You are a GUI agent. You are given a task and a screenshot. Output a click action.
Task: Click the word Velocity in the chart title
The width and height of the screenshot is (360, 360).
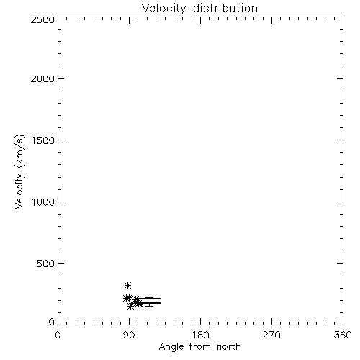tap(163, 9)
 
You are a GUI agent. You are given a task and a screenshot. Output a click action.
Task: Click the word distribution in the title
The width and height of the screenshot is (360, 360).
tap(225, 8)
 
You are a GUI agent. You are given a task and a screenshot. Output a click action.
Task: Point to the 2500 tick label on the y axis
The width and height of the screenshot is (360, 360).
tap(42, 19)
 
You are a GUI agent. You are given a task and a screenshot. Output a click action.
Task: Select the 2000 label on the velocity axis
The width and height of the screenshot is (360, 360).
tap(42, 78)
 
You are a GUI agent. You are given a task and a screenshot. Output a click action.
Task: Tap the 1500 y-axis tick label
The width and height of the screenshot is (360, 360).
tap(43, 140)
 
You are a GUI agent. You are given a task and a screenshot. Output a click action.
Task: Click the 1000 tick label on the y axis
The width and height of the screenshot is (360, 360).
tap(43, 202)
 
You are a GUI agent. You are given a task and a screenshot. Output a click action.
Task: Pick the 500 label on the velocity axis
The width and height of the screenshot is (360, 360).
tap(46, 264)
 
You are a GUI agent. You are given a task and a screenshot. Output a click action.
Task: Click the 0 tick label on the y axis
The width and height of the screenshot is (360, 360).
tap(52, 322)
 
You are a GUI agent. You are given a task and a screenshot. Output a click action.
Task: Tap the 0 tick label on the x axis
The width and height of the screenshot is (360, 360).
tap(58, 335)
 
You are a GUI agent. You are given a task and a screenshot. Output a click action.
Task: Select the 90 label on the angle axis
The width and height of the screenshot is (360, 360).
tap(129, 335)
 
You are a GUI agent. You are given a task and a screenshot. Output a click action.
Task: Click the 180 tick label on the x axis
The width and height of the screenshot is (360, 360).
tap(200, 335)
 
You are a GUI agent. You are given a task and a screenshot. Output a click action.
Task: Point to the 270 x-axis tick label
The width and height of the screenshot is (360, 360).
tap(271, 335)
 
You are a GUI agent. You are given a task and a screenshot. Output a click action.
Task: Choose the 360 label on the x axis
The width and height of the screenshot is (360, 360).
tap(343, 335)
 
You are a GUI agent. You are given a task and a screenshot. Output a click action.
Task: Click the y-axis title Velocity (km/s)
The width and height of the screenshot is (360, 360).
tap(19, 171)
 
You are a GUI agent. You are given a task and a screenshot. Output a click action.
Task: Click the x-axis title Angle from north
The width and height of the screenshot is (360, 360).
tap(199, 347)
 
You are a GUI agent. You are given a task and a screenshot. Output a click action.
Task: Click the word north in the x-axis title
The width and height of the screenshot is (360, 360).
tap(229, 347)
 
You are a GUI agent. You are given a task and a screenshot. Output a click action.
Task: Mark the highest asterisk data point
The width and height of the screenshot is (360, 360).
tap(127, 285)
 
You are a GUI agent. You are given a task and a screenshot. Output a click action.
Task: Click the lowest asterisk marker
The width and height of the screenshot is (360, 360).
tap(130, 306)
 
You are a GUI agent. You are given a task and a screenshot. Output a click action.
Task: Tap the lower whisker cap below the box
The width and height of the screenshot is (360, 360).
tap(149, 306)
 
